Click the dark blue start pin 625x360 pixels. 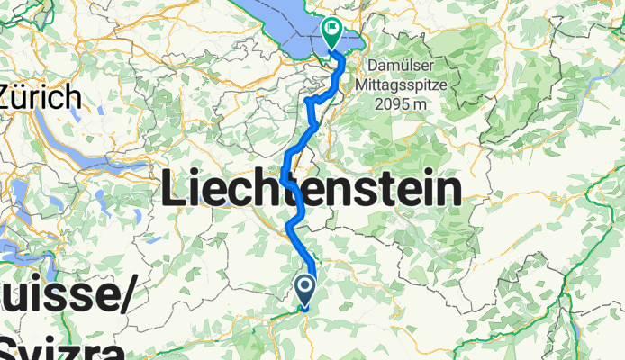tap(304, 289)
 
